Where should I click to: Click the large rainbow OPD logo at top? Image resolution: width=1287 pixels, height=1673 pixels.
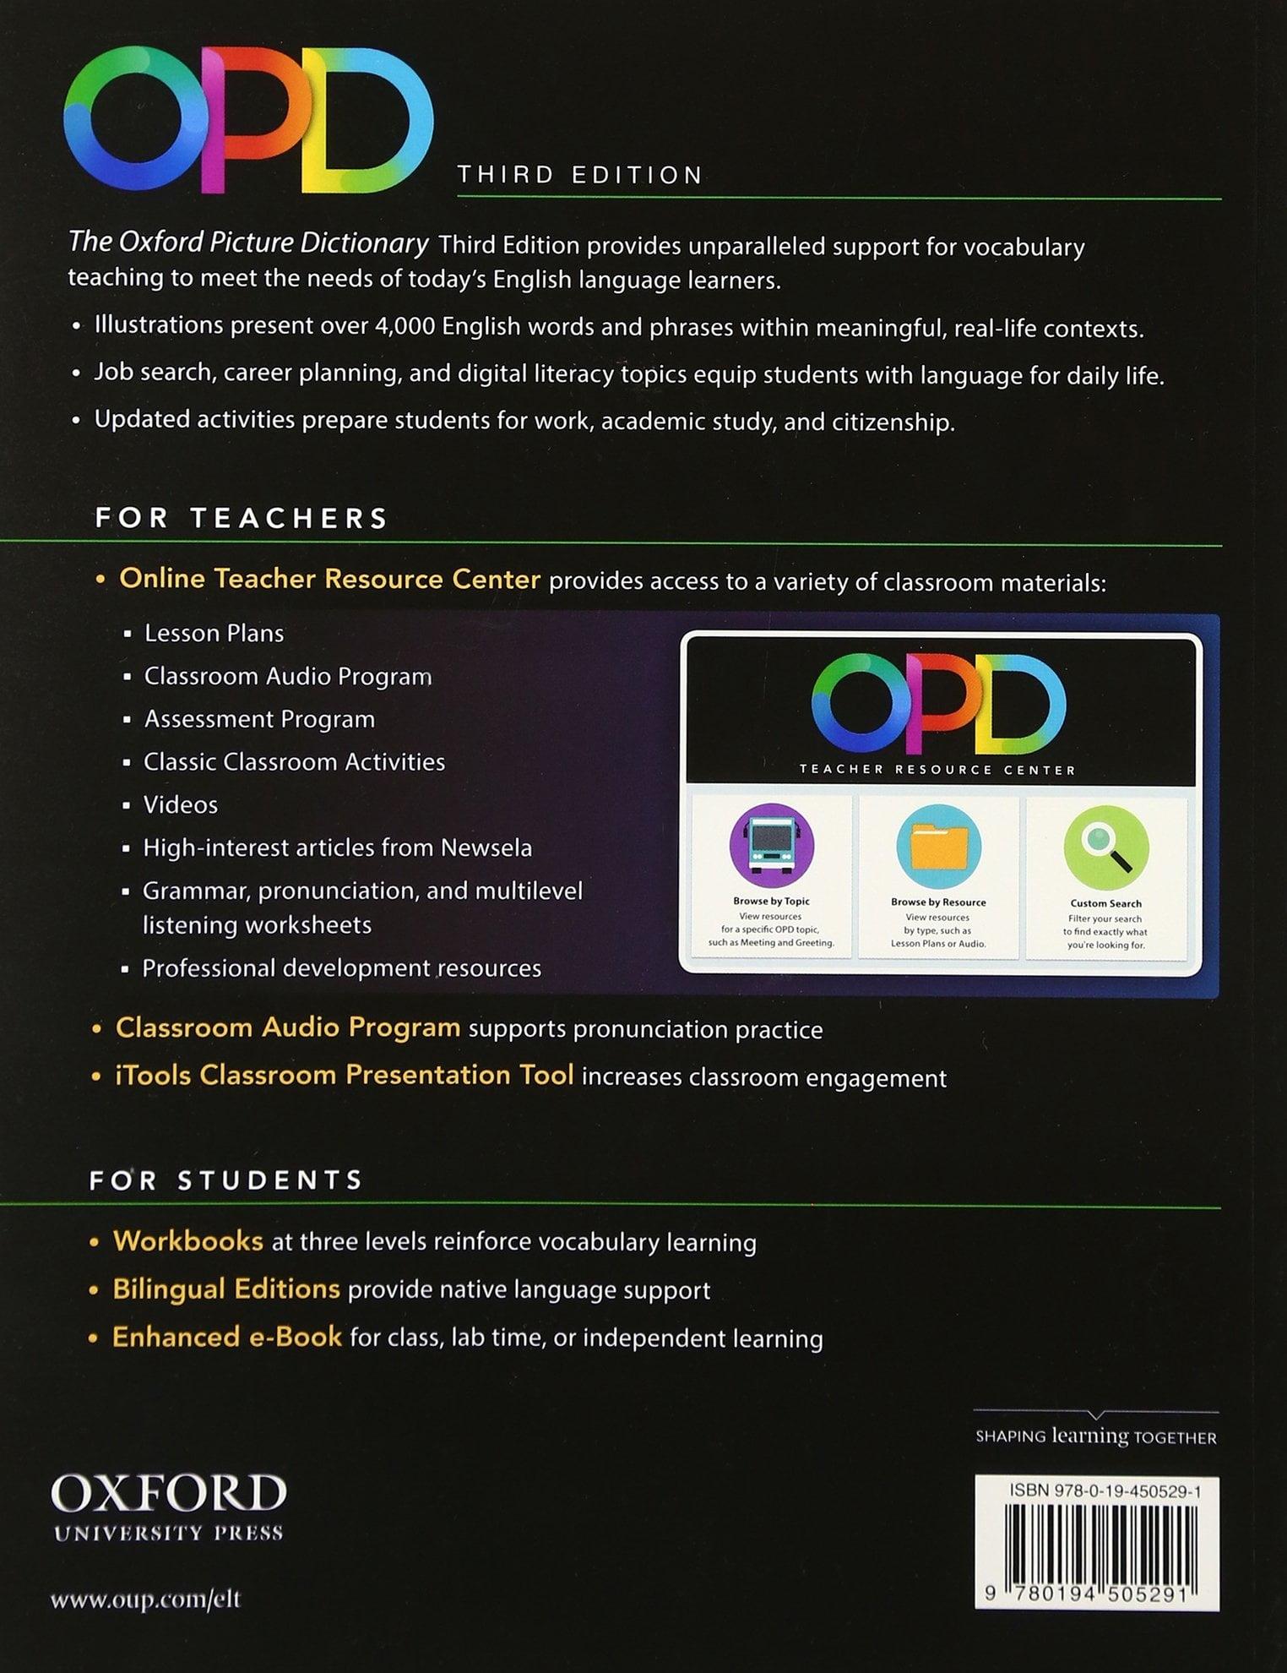[248, 119]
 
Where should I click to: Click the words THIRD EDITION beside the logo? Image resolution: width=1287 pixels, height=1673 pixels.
[580, 175]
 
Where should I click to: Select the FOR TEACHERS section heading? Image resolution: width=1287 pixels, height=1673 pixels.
[242, 517]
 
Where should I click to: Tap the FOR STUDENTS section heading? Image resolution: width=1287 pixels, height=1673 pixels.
[226, 1180]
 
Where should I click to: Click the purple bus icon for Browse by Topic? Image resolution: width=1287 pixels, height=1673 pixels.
[771, 846]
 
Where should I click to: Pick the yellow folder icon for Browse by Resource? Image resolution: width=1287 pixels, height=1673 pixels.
[938, 846]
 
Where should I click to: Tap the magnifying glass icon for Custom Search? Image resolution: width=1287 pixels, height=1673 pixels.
[1106, 846]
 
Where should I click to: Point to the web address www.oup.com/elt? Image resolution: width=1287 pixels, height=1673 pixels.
[145, 1599]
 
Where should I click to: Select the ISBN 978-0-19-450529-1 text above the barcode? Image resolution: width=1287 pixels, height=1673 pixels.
[1105, 1491]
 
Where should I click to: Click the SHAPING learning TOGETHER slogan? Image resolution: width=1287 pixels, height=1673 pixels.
[1095, 1436]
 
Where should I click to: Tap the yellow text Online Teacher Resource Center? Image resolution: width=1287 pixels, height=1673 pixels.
[329, 579]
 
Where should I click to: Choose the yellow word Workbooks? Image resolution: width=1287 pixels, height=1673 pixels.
[188, 1240]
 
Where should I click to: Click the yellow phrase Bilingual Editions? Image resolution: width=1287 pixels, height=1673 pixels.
[226, 1289]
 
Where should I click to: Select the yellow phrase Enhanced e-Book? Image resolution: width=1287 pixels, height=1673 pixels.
[227, 1337]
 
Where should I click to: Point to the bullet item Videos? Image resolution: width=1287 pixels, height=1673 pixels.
[180, 804]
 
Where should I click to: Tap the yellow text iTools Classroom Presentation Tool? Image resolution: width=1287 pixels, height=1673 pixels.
[345, 1075]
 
